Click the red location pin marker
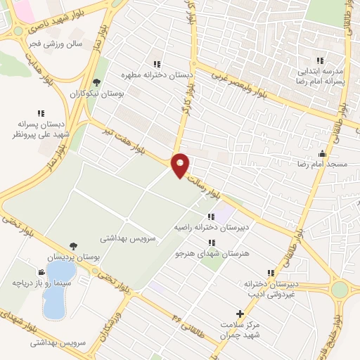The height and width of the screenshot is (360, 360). [181, 165]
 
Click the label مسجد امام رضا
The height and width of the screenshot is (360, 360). [321, 162]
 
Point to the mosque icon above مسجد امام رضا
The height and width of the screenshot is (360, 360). [322, 153]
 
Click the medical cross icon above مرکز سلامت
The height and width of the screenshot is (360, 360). [240, 313]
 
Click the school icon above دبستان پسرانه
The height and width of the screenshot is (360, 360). [39, 112]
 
